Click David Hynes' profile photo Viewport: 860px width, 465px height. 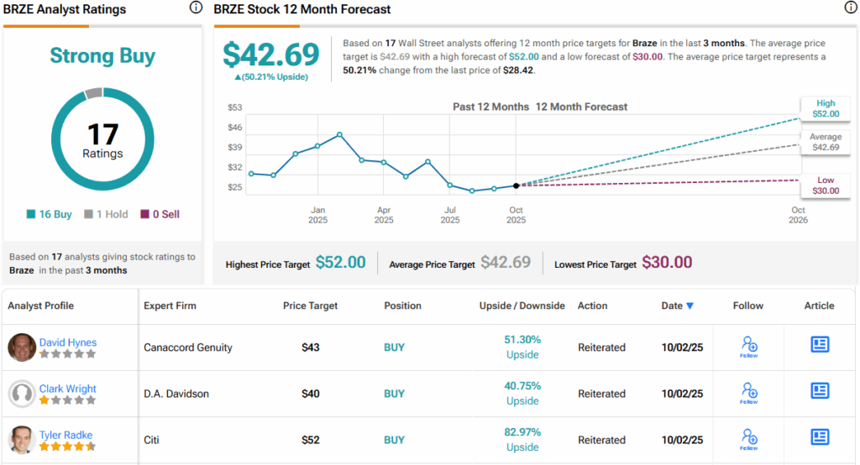23,347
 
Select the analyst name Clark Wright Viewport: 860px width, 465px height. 67,389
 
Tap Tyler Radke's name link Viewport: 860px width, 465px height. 66,434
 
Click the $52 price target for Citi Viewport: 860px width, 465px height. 311,440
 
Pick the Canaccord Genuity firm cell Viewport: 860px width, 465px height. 188,347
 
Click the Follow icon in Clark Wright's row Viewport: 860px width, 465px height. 749,392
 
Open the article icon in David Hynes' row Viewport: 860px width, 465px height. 820,345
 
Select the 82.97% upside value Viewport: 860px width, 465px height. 522,431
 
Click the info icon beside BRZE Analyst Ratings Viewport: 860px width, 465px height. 196,8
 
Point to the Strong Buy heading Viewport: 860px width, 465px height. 102,56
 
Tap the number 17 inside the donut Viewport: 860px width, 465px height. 102,134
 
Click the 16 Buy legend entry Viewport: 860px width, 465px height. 50,214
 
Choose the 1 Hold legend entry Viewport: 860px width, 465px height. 107,214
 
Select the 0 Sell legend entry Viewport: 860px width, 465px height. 160,214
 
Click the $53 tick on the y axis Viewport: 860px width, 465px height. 234,107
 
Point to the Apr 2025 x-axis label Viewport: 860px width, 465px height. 384,215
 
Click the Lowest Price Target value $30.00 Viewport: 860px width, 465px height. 667,263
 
